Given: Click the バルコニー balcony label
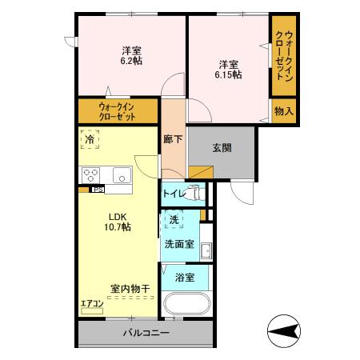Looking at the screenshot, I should [x=146, y=333].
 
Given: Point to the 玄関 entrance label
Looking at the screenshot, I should [x=222, y=147].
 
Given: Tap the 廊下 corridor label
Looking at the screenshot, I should [x=173, y=138].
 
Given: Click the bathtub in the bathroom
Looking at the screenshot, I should [x=186, y=306].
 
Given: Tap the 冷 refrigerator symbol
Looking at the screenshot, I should [x=89, y=138].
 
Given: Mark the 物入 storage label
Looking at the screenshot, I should [x=283, y=110].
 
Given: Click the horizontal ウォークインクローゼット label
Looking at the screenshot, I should [x=117, y=110].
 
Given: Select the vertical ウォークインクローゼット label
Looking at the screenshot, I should [x=283, y=55].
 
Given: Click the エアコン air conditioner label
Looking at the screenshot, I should [x=91, y=303].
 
